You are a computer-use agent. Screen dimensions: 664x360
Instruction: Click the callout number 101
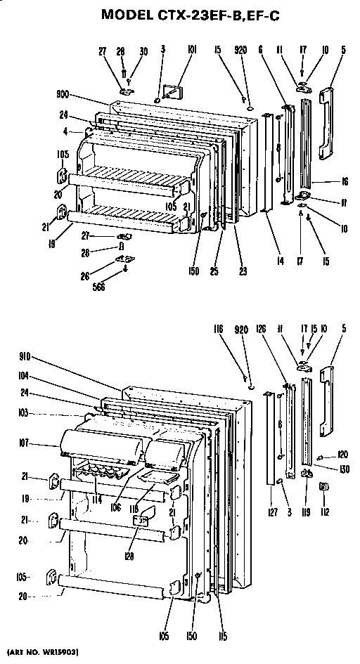click(173, 50)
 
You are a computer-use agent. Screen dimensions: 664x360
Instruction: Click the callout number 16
click(345, 181)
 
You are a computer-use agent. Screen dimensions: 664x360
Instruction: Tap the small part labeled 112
click(324, 486)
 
